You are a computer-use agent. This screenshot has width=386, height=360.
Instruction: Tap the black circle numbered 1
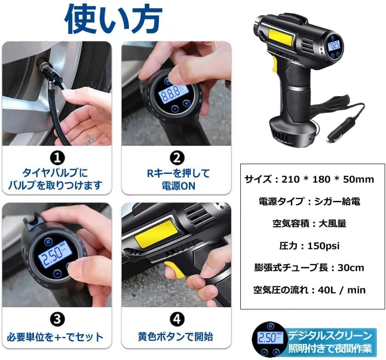click(x=57, y=159)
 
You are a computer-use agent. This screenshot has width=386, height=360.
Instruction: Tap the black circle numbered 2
click(x=176, y=159)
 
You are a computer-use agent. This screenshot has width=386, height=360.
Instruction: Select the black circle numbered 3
click(x=57, y=319)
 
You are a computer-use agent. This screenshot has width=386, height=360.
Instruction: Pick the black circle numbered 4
click(x=176, y=319)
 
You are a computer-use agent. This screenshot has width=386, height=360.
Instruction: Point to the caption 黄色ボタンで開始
click(x=176, y=337)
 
